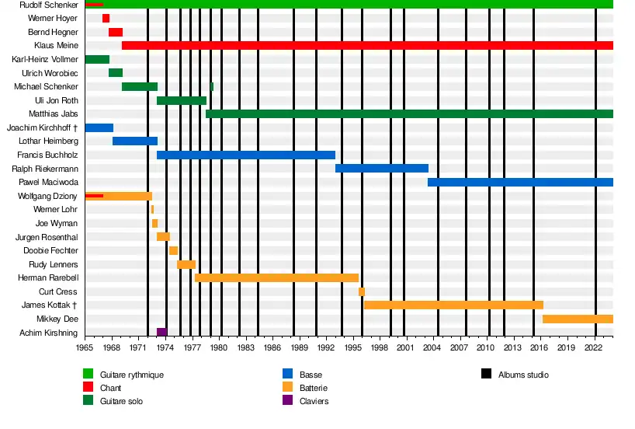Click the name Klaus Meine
pos(56,46)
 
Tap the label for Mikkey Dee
pos(57,319)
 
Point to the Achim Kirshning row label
pos(50,333)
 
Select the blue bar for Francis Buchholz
pos(246,155)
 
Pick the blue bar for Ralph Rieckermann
pos(382,169)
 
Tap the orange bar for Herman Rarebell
pos(276,277)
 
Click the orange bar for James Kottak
pos(453,305)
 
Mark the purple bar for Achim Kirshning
pos(161,333)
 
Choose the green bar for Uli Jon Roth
pos(182,100)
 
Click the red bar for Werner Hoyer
pos(106,18)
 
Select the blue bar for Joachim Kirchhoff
pos(99,127)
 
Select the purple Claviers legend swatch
pos(287,401)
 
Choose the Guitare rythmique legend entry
pos(131,375)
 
